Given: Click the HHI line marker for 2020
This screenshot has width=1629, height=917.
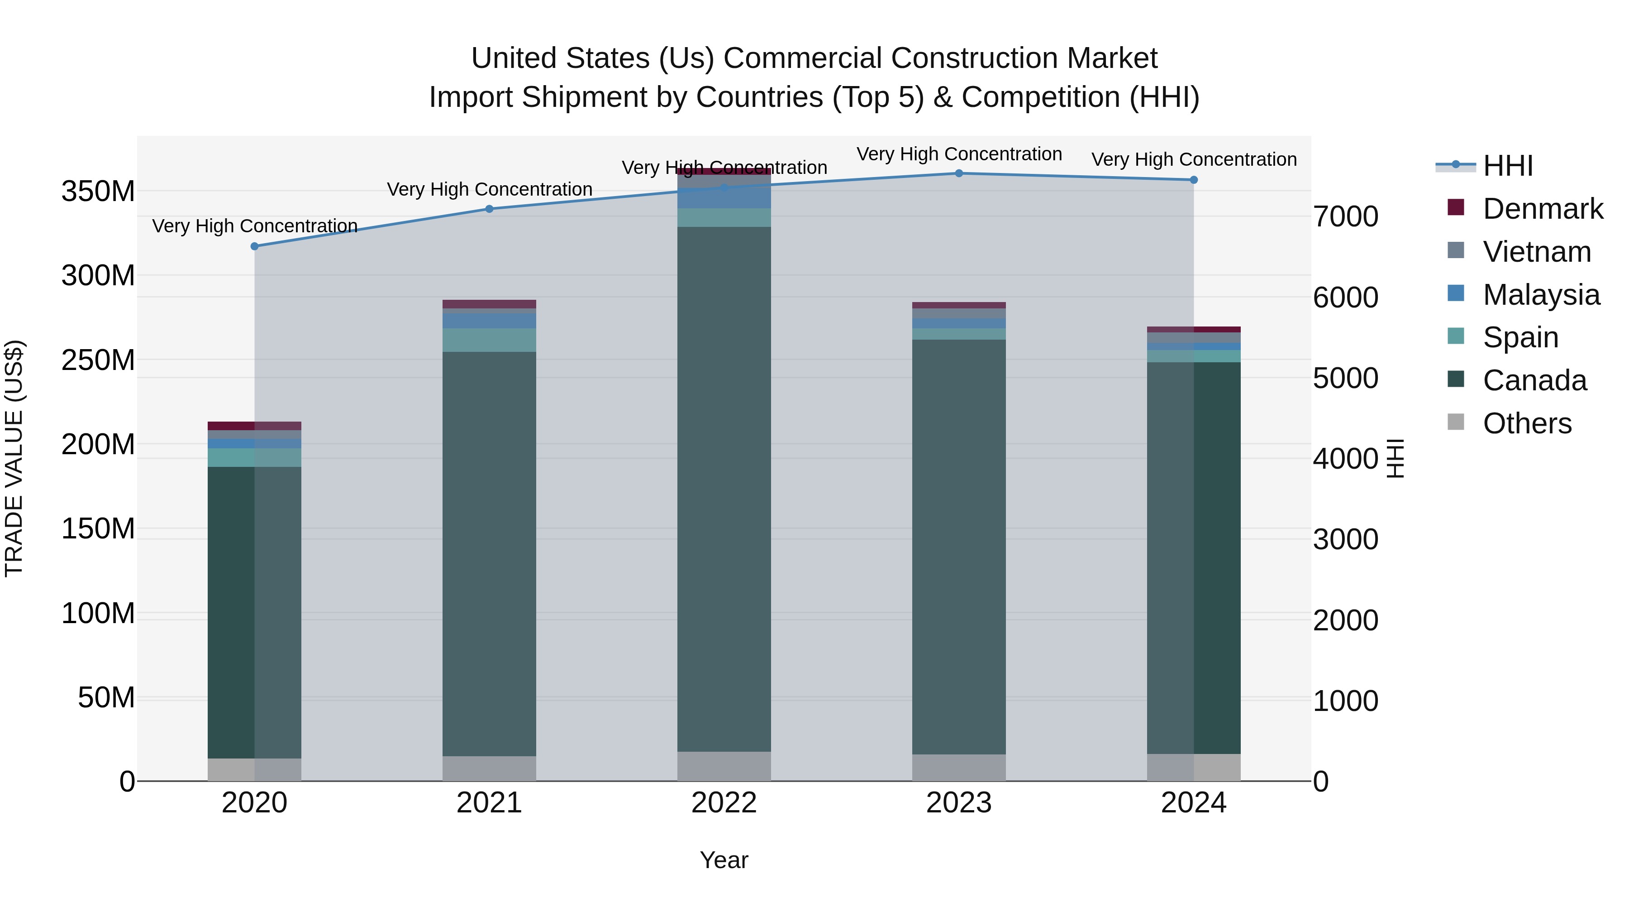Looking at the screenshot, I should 254,246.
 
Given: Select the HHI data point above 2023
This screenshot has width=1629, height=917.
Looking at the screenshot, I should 959,173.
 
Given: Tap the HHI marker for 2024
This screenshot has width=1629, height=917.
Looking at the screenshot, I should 1193,180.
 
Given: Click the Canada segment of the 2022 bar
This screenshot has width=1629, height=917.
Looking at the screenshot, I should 724,487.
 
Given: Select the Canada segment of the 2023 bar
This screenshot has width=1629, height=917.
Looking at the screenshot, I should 959,544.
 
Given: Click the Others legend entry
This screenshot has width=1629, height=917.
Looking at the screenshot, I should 1527,423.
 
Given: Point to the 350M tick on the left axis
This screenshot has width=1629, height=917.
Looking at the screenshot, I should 98,191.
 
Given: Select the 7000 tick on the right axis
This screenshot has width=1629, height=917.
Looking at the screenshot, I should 1345,216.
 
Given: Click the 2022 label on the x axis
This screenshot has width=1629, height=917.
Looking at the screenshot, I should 724,803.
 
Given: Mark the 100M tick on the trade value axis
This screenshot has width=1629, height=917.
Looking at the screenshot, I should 98,613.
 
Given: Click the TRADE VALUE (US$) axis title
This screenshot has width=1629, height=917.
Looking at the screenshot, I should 14,458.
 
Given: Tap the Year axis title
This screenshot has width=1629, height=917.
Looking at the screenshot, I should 724,860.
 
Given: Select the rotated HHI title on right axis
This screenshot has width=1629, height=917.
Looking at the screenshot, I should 1395,458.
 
